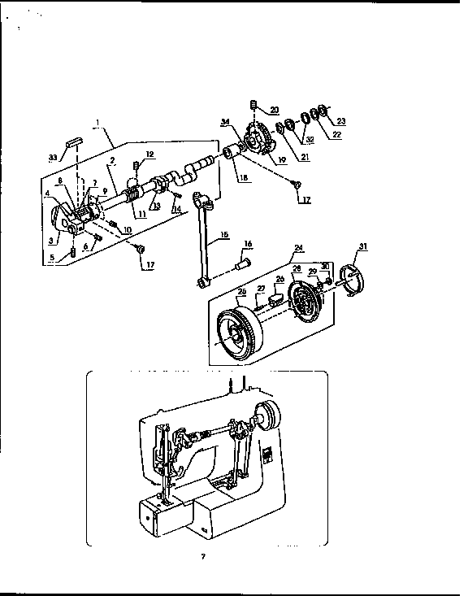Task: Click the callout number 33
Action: click(x=53, y=157)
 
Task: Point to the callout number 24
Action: click(x=298, y=247)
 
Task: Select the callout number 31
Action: click(x=362, y=247)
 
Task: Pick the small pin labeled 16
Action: click(x=243, y=263)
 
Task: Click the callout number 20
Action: click(x=274, y=110)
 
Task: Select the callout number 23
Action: click(x=341, y=121)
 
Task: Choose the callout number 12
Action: click(x=149, y=154)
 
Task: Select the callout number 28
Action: click(x=297, y=269)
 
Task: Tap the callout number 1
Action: click(x=98, y=126)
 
